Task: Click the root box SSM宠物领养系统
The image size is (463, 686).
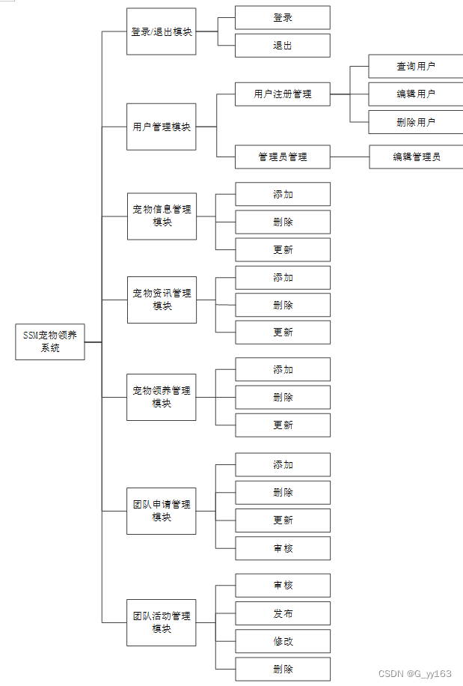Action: (x=50, y=342)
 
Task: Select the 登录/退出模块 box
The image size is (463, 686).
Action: (x=161, y=31)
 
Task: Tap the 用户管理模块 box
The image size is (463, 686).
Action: (x=161, y=127)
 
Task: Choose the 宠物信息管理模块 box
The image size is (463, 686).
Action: (x=162, y=216)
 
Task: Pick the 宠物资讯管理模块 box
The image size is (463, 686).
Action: (x=162, y=300)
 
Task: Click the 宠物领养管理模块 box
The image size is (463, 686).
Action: (x=161, y=397)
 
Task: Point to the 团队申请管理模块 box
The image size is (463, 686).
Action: (x=161, y=511)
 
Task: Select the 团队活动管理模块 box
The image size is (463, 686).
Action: (x=161, y=622)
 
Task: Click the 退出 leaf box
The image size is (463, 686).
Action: (x=283, y=46)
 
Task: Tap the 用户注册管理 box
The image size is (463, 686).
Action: (x=283, y=94)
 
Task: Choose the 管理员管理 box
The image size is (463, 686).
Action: (x=283, y=157)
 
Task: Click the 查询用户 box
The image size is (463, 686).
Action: (x=416, y=67)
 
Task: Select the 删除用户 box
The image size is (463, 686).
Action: (x=416, y=122)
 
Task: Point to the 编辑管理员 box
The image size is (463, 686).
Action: (x=417, y=157)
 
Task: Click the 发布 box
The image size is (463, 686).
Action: (x=283, y=613)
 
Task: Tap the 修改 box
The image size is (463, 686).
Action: (x=283, y=641)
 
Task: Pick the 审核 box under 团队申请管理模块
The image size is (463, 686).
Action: (x=283, y=548)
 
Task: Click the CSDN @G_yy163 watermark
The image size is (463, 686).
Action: (x=414, y=673)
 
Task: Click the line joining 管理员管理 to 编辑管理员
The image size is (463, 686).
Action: (x=349, y=157)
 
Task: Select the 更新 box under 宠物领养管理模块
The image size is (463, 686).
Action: (x=283, y=425)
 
